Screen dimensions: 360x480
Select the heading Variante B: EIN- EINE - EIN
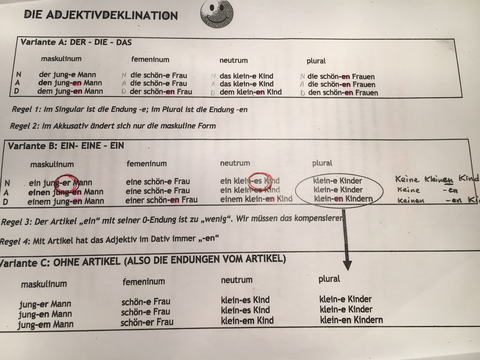click(79, 146)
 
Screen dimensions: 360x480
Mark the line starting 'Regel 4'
click(141, 238)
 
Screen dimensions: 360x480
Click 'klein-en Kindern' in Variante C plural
click(353, 321)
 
